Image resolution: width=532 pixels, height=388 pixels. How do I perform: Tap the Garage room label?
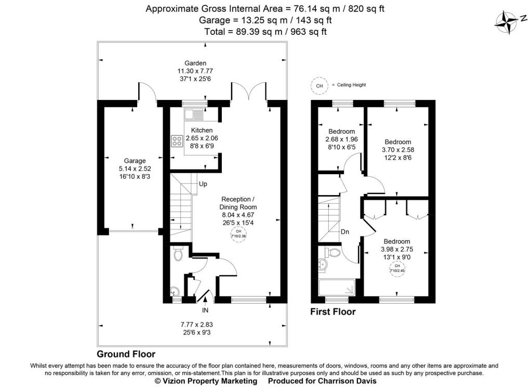(135, 161)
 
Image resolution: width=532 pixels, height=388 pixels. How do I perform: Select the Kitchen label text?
(202, 130)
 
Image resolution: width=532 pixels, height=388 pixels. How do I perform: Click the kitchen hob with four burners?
(177, 141)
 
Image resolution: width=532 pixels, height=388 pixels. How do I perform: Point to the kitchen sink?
(194, 114)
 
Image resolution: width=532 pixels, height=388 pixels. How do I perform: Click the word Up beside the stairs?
(203, 184)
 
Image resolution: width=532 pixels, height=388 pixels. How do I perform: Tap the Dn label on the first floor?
(345, 232)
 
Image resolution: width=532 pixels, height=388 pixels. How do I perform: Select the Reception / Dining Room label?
(238, 203)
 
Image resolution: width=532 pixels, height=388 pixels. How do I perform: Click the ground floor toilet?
(178, 254)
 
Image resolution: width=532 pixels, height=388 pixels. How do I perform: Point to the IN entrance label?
(205, 310)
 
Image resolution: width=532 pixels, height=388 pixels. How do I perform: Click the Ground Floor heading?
(126, 354)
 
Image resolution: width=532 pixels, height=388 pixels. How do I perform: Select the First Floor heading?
(333, 312)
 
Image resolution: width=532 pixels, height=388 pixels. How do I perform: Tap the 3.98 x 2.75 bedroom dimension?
(397, 249)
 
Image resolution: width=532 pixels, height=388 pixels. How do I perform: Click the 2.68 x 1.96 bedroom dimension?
(341, 139)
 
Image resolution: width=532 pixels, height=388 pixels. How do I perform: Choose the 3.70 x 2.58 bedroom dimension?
(398, 149)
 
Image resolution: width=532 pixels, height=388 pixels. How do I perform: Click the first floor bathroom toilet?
(333, 252)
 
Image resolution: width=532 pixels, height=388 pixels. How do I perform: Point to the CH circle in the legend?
(320, 86)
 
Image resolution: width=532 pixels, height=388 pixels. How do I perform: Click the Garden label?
(195, 63)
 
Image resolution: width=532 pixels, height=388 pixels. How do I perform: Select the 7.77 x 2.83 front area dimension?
(197, 325)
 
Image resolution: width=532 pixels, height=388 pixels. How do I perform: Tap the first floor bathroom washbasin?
(322, 265)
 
